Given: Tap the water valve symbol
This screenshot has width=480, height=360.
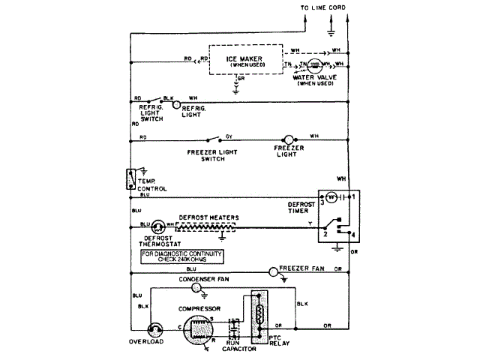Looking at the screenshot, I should tap(315, 66).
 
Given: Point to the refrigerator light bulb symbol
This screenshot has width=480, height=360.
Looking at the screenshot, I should tap(178, 105).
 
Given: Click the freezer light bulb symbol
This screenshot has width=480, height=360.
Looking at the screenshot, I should tap(286, 139).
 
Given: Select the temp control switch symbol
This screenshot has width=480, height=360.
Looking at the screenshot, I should tap(131, 180).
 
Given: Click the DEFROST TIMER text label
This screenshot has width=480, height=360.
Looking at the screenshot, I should tap(297, 208).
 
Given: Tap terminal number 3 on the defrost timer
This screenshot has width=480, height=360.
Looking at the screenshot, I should tap(323, 201).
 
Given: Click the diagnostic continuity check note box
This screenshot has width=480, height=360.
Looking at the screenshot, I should tap(183, 256).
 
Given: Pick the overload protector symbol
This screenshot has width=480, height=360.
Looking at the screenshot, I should tap(155, 329).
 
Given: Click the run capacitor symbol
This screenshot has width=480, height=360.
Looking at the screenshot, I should tap(237, 328).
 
